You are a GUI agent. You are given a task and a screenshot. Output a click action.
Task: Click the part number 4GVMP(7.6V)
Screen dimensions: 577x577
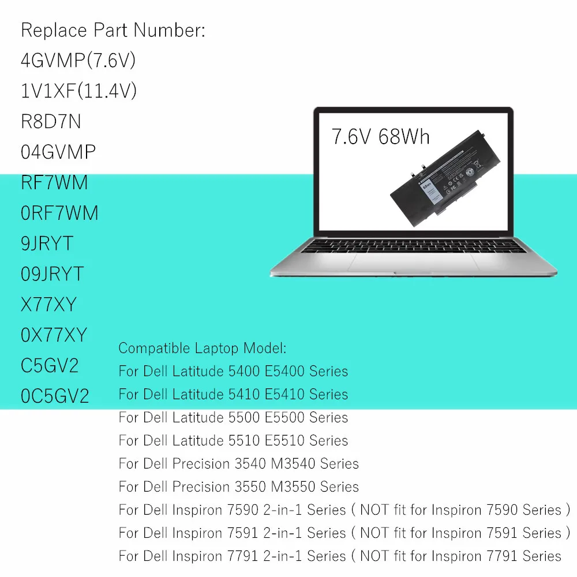[78, 61]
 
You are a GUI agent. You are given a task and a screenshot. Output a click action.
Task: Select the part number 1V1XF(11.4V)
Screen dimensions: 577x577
[78, 91]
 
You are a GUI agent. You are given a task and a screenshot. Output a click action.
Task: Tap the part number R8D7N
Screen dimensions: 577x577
[51, 122]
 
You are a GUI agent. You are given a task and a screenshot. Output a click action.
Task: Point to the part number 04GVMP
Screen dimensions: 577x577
[58, 152]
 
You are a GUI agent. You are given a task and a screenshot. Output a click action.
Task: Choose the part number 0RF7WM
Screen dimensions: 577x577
[59, 213]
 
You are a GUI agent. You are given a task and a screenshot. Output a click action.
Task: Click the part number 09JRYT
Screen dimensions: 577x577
[53, 273]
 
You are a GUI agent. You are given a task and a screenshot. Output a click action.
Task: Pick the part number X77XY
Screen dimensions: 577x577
[48, 304]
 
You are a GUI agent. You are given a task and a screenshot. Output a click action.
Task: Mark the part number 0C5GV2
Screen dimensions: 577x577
[55, 396]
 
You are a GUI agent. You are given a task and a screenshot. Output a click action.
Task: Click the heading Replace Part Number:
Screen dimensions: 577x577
[113, 31]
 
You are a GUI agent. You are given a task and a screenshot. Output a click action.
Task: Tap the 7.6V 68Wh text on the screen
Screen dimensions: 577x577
[380, 137]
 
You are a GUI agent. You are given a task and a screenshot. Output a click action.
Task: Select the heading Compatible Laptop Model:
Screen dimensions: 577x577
[202, 348]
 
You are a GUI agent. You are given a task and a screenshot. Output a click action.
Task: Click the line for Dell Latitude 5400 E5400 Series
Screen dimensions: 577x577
[233, 371]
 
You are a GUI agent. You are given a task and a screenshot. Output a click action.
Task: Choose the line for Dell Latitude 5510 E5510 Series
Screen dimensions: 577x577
[233, 440]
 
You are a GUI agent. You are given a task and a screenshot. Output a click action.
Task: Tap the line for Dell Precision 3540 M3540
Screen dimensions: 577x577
[238, 463]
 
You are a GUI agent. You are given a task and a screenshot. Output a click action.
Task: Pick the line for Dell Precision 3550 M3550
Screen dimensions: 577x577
[238, 486]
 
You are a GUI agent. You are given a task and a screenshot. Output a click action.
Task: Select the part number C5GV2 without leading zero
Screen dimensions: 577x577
[50, 365]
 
